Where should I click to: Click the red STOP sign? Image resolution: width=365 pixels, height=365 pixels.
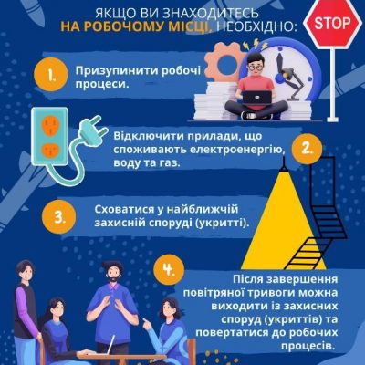pyautogui.click(x=332, y=23)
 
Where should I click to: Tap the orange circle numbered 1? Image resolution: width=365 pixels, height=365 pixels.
pyautogui.click(x=51, y=75)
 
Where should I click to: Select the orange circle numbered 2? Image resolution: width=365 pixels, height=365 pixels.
pyautogui.click(x=307, y=149)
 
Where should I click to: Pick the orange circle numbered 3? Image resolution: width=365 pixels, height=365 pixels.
pyautogui.click(x=58, y=217)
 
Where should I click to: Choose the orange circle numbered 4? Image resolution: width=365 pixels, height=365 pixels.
pyautogui.click(x=169, y=270)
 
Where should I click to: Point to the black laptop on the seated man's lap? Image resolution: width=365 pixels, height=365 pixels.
pyautogui.click(x=257, y=98)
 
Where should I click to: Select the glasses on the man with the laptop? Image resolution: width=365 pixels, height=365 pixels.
pyautogui.click(x=255, y=68)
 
